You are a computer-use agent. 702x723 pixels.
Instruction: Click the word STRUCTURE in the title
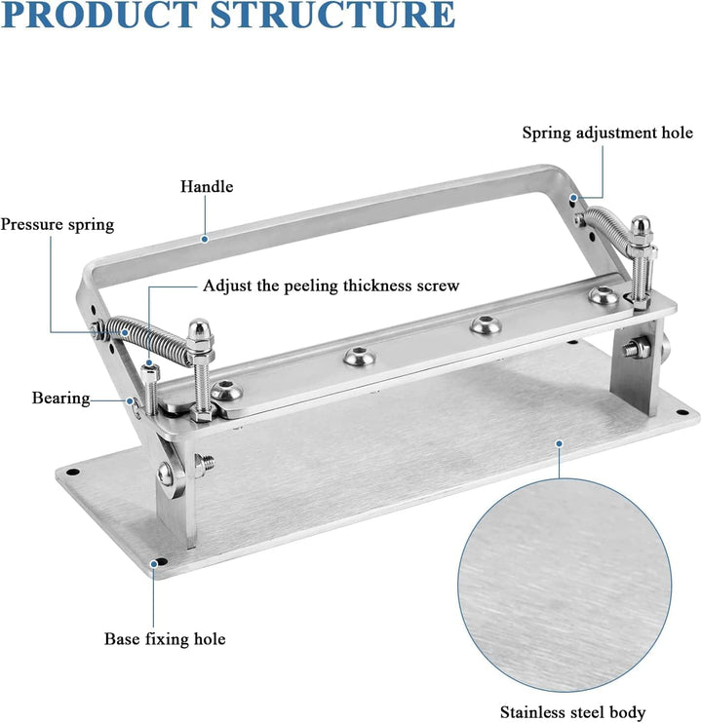click(332, 15)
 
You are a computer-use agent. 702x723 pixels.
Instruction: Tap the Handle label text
click(207, 187)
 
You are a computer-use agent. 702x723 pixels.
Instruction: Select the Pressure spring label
click(58, 224)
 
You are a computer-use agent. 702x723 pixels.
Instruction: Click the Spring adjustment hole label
click(607, 133)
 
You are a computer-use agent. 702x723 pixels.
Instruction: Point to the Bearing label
click(60, 398)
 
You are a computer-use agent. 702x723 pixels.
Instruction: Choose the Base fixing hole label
click(165, 639)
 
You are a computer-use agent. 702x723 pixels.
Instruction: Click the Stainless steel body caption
click(572, 712)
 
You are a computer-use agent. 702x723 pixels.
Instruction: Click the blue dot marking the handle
click(205, 239)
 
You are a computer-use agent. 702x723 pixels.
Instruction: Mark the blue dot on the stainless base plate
click(559, 443)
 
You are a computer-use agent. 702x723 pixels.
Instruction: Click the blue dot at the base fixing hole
click(154, 563)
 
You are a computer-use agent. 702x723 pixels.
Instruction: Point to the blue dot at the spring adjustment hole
click(573, 198)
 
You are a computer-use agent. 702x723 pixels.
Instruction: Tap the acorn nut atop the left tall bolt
click(199, 329)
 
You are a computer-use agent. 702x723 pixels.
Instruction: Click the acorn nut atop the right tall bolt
click(642, 227)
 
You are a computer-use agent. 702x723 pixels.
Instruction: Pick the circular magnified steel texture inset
click(565, 586)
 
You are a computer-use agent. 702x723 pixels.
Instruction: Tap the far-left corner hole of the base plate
click(73, 473)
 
